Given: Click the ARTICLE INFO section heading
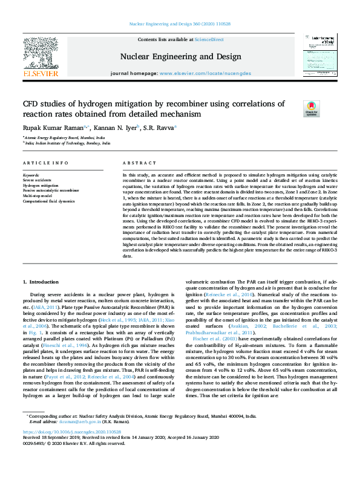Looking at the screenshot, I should (x=46, y=163).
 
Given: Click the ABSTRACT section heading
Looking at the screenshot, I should (x=136, y=163).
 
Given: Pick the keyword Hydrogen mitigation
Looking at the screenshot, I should (x=41, y=186).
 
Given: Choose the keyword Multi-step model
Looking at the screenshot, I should (x=38, y=196).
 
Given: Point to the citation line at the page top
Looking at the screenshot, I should (x=180, y=24).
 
